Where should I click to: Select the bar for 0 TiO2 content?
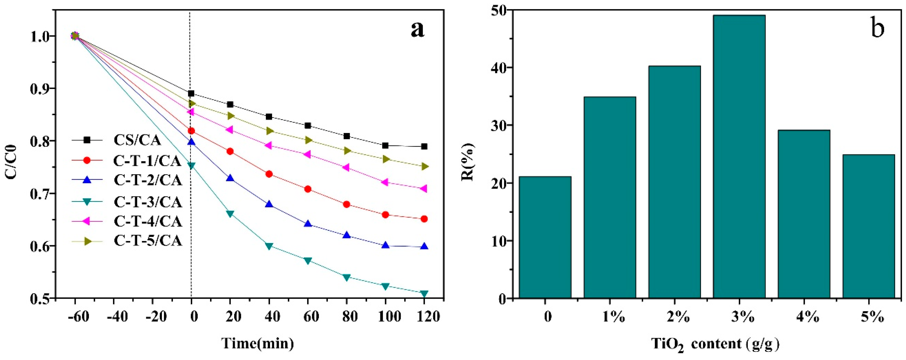545,237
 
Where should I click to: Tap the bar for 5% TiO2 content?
869,226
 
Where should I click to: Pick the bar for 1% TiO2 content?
610,198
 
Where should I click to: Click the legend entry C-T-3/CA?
148,202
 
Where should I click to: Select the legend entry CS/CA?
137,140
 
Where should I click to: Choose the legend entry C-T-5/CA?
148,241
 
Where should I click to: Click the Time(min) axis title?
258,343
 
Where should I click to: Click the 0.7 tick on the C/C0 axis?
40,194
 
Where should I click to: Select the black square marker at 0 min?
191,93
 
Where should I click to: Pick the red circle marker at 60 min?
308,189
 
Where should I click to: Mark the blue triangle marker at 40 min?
269,204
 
